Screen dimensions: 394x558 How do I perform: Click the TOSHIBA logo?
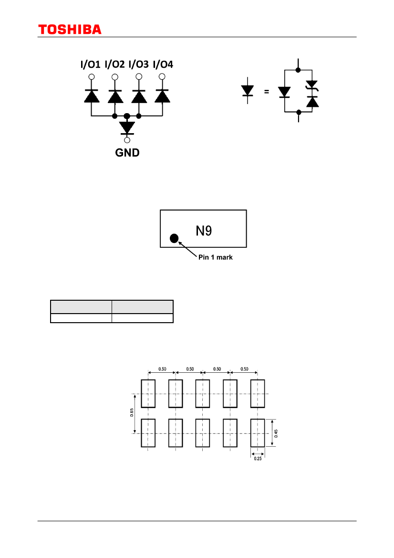coord(70,30)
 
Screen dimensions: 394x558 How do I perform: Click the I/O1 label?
coord(90,64)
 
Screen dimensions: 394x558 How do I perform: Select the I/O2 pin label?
coord(114,64)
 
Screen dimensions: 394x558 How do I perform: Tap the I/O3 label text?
coord(139,64)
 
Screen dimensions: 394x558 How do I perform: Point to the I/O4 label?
coord(163,64)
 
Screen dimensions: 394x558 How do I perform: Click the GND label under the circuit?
coord(127,153)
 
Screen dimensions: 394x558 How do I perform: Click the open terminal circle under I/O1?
coord(92,77)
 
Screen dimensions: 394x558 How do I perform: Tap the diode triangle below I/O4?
coord(163,96)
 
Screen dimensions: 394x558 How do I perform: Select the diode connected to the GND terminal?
coord(127,128)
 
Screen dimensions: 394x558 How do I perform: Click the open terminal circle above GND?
coord(127,140)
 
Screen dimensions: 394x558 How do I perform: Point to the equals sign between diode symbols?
coord(267,92)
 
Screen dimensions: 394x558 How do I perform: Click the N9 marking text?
coord(204,231)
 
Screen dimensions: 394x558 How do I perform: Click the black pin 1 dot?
coord(174,238)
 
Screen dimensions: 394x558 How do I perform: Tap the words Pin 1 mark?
coord(216,257)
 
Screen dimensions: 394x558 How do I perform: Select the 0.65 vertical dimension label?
coord(132,413)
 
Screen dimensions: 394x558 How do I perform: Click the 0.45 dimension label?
coord(276,433)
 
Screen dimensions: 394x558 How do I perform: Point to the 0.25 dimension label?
coord(258,459)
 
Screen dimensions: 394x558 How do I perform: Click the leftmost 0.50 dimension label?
coord(162,369)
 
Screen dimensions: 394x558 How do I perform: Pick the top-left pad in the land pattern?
coord(148,394)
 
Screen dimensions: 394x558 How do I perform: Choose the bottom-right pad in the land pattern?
coord(258,433)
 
